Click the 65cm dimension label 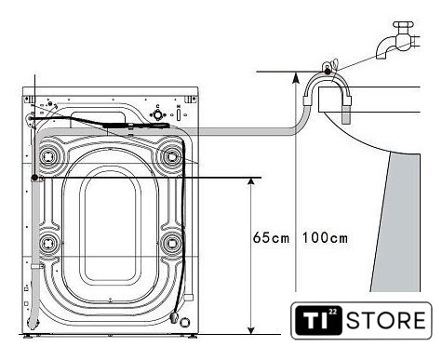point(271,238)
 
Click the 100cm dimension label point(325,238)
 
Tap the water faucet point(398,39)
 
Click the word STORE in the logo point(386,320)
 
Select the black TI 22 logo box point(318,320)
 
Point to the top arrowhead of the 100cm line point(296,76)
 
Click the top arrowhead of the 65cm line point(251,181)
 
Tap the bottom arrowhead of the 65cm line point(251,330)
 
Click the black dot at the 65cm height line point(34,178)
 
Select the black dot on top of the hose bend point(328,72)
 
